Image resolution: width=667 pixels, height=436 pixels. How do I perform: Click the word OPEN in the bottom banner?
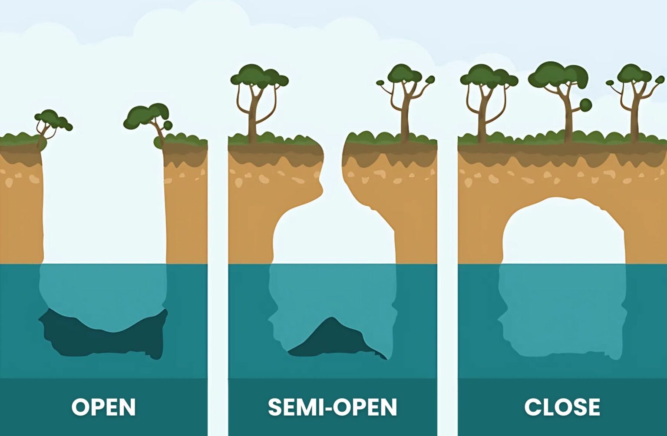[x=103, y=407]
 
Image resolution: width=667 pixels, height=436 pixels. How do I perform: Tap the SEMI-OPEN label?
[x=332, y=407]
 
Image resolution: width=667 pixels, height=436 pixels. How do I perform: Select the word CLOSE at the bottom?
[x=562, y=407]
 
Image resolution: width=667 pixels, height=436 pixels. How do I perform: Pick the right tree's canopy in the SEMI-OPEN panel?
[x=404, y=74]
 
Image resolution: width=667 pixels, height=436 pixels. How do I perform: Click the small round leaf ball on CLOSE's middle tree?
[x=585, y=105]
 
